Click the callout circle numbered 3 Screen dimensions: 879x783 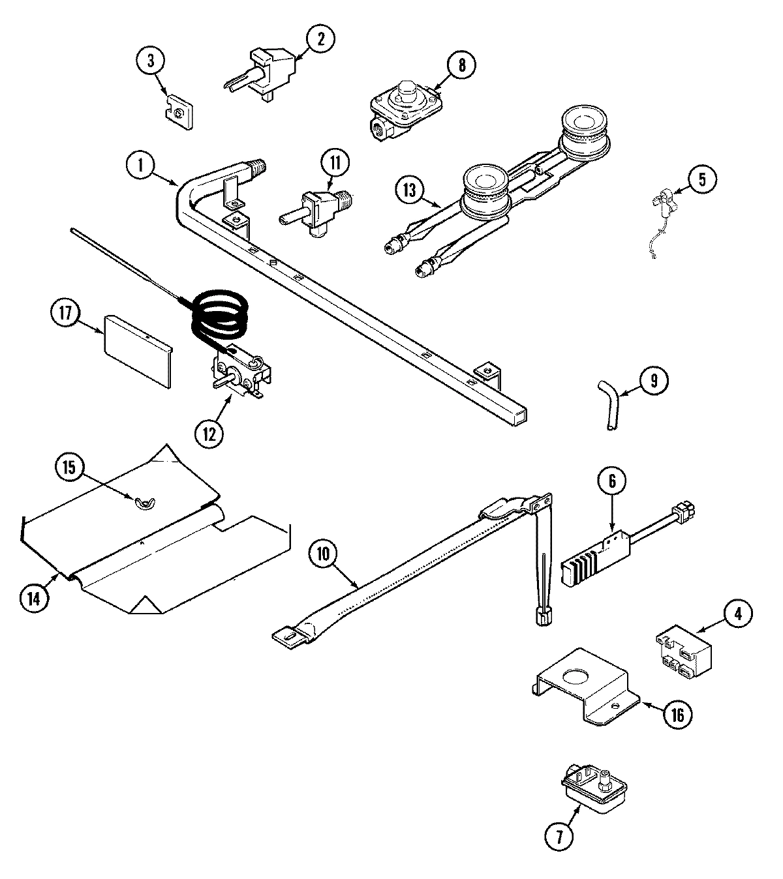(151, 62)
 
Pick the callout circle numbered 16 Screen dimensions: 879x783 (676, 715)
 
